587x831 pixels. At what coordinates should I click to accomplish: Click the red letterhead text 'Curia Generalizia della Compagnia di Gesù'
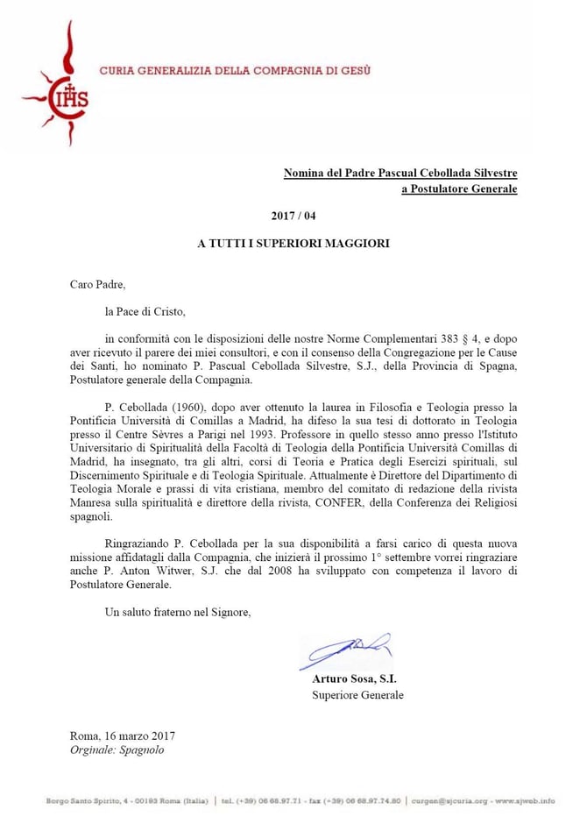tap(235, 69)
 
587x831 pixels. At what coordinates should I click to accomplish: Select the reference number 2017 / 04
tap(293, 216)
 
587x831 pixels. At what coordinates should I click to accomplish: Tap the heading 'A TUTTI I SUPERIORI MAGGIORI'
tap(293, 244)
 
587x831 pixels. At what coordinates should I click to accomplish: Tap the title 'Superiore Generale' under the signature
tap(357, 695)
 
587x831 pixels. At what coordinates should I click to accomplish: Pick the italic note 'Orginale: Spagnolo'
tap(117, 750)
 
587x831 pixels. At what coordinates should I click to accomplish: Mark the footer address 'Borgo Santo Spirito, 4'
tap(89, 800)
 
